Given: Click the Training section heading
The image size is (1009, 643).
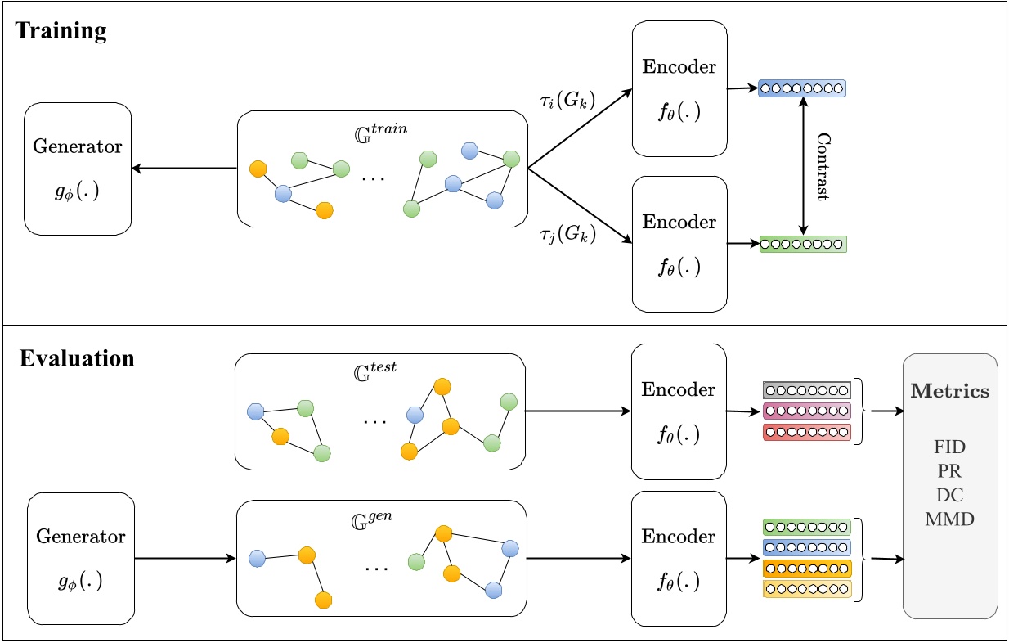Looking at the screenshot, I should (x=61, y=31).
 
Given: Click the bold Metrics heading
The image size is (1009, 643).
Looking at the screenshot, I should (x=949, y=392).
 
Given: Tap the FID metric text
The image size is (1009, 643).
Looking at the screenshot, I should (x=949, y=447).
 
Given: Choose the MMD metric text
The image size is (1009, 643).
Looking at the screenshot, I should (x=949, y=519).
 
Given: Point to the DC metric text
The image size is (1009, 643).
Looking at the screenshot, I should (x=949, y=495).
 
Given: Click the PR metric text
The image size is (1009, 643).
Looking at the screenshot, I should (x=949, y=471).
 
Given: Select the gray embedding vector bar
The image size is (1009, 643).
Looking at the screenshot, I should (x=806, y=390).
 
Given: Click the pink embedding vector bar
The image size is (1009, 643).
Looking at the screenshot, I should (x=806, y=411).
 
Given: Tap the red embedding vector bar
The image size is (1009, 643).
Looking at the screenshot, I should (x=806, y=432).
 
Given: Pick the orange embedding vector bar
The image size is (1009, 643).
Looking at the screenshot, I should (x=806, y=568).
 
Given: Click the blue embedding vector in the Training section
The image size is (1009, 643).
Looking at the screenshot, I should (x=801, y=88).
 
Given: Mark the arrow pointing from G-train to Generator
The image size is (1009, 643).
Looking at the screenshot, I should (x=184, y=169).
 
